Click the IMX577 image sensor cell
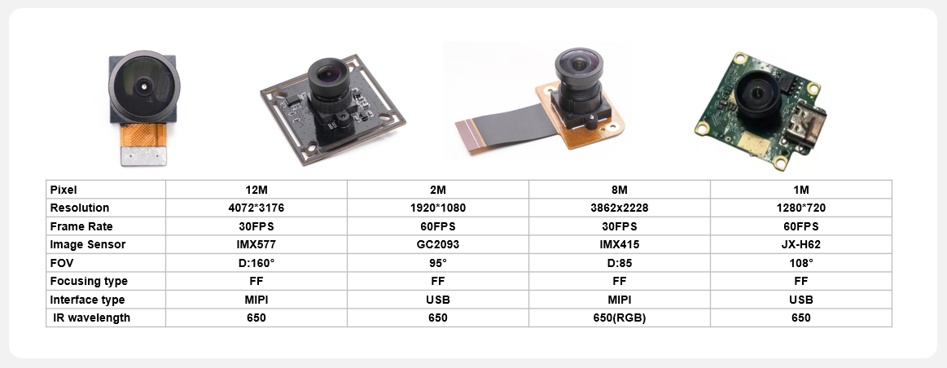(x=256, y=245)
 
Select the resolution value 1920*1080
(x=438, y=208)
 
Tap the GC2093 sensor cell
(x=438, y=245)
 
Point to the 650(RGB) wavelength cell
(x=619, y=318)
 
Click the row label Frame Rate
(x=81, y=226)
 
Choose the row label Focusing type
(x=89, y=282)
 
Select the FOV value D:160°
(x=256, y=264)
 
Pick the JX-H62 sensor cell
(x=801, y=245)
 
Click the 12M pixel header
(x=256, y=190)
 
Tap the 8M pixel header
(x=619, y=190)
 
